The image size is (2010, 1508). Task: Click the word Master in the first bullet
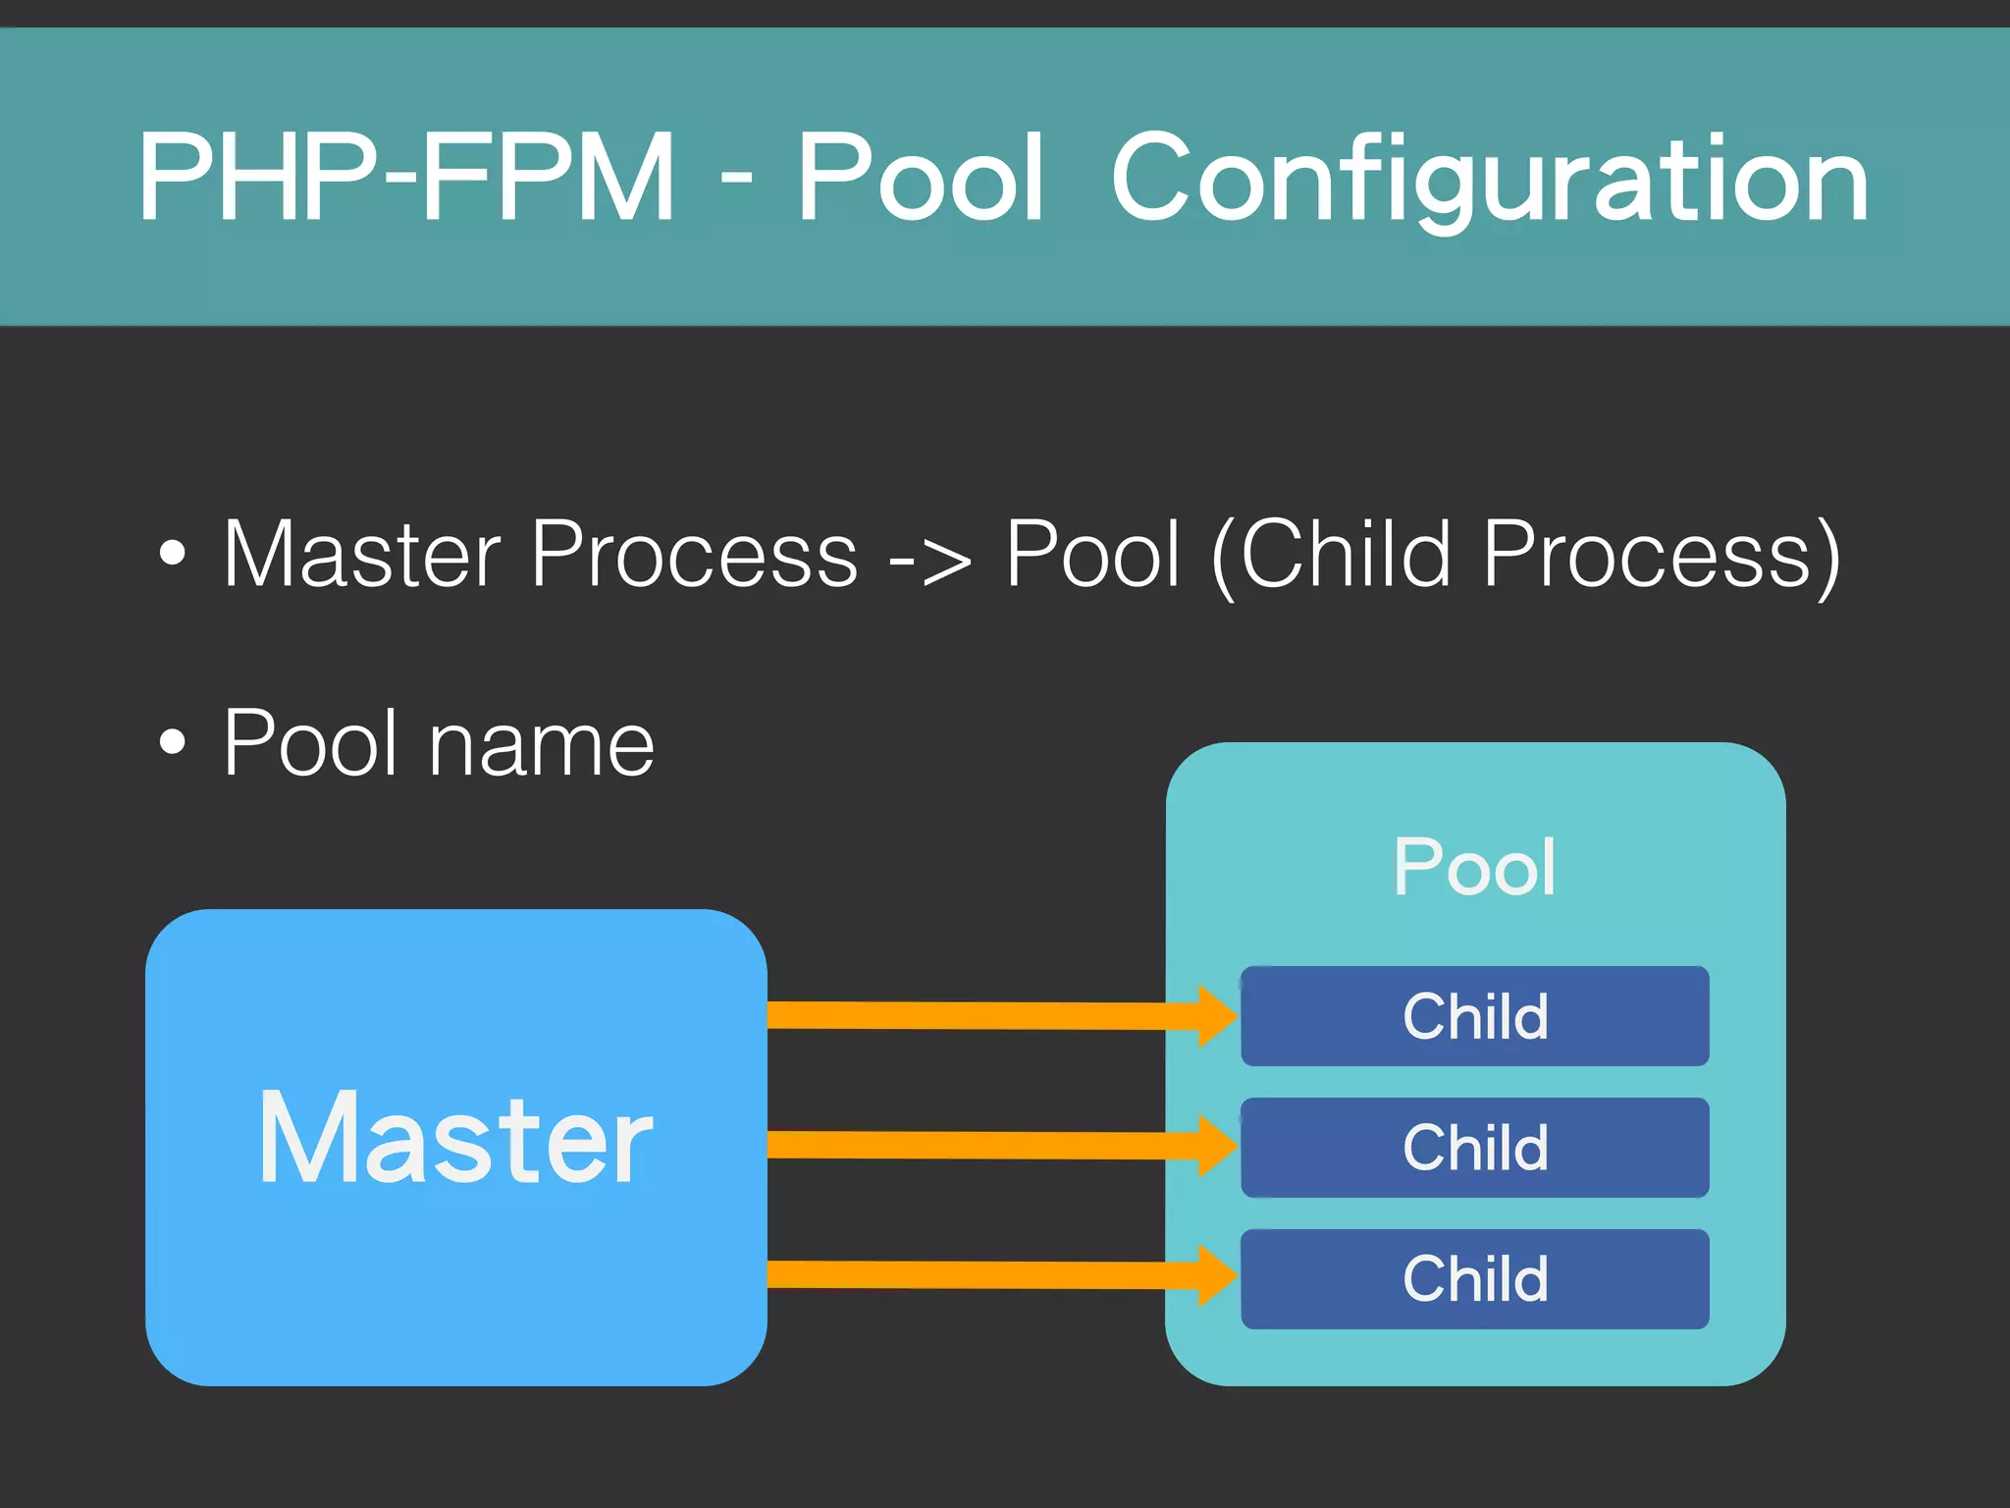point(361,555)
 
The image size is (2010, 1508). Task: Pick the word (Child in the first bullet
point(1331,555)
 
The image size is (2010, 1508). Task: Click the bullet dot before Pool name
point(172,743)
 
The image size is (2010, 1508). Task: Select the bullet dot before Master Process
point(172,553)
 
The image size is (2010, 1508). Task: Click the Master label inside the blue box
point(455,1139)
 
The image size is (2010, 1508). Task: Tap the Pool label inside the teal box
point(1474,867)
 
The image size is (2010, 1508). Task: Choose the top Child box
point(1474,1016)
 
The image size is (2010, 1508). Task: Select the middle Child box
point(1474,1147)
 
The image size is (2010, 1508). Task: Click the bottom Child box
point(1474,1278)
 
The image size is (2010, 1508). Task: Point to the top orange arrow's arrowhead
point(1217,1016)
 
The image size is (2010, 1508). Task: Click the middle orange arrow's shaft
point(981,1145)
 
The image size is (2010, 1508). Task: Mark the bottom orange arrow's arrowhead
point(1217,1275)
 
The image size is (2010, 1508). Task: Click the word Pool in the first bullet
point(1091,555)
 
